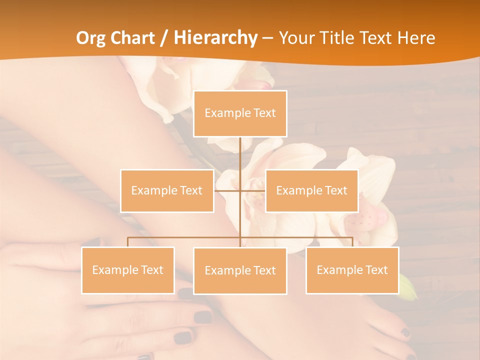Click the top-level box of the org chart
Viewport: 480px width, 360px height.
[x=240, y=113]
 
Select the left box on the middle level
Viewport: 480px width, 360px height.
[x=167, y=190]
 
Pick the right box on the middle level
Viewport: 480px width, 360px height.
[x=311, y=190]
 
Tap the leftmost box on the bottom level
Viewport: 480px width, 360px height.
[x=128, y=270]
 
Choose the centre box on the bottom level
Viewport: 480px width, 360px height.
[x=240, y=270]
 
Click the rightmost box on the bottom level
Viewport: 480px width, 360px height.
[x=352, y=270]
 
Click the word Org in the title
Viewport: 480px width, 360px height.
[x=91, y=38]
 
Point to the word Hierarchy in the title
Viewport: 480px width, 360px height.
[x=215, y=38]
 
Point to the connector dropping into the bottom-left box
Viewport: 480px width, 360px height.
[x=128, y=242]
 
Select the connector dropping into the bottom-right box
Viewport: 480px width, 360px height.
[x=352, y=242]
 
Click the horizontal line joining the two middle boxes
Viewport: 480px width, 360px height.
[x=240, y=190]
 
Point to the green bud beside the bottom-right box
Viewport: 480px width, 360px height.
[x=408, y=289]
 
